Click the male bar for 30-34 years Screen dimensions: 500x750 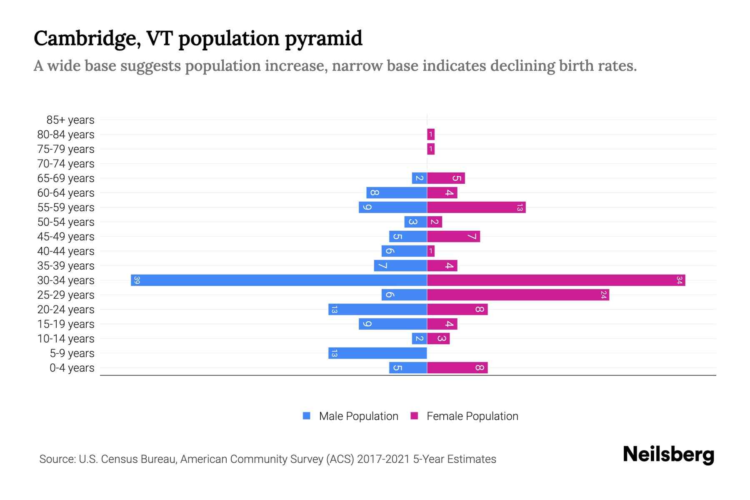point(279,280)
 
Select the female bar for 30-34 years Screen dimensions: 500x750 point(556,280)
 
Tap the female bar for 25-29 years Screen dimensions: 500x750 point(518,295)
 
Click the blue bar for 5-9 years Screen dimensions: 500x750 point(377,353)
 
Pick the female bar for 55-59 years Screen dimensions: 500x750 point(476,207)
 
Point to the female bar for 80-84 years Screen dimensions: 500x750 point(431,134)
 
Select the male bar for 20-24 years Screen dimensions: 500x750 point(377,309)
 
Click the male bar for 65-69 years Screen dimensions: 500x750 point(419,178)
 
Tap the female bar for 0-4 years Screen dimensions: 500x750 point(457,367)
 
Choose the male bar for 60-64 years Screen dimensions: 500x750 point(397,192)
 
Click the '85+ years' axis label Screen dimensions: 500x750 point(70,120)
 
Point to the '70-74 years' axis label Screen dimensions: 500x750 point(66,164)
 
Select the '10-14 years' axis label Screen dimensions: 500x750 point(66,339)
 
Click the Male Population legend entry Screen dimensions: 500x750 point(358,416)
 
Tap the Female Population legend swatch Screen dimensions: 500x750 point(414,416)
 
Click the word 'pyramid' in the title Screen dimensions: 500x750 point(324,39)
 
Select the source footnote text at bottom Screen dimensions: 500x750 point(267,459)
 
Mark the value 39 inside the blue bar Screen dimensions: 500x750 point(137,280)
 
